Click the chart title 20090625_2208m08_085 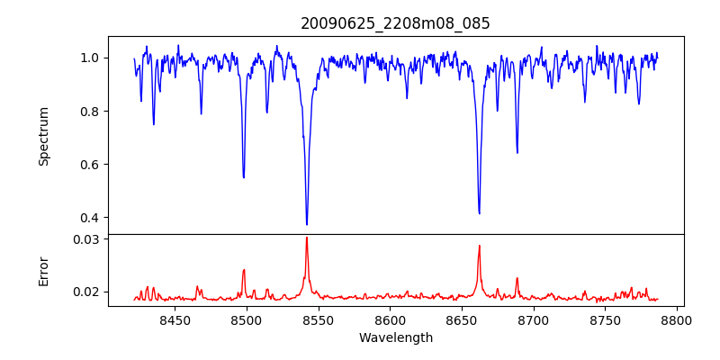pyautogui.click(x=395, y=23)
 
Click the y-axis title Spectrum pyautogui.click(x=44, y=136)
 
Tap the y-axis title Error pyautogui.click(x=44, y=271)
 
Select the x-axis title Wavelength pyautogui.click(x=396, y=337)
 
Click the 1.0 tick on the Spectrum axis pyautogui.click(x=91, y=58)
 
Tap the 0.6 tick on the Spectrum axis pyautogui.click(x=91, y=165)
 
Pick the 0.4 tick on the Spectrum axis pyautogui.click(x=91, y=218)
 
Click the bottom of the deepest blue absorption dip pyautogui.click(x=307, y=224)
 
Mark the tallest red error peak pyautogui.click(x=307, y=238)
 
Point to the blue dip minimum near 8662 pyautogui.click(x=479, y=213)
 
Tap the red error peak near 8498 pyautogui.click(x=244, y=270)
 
